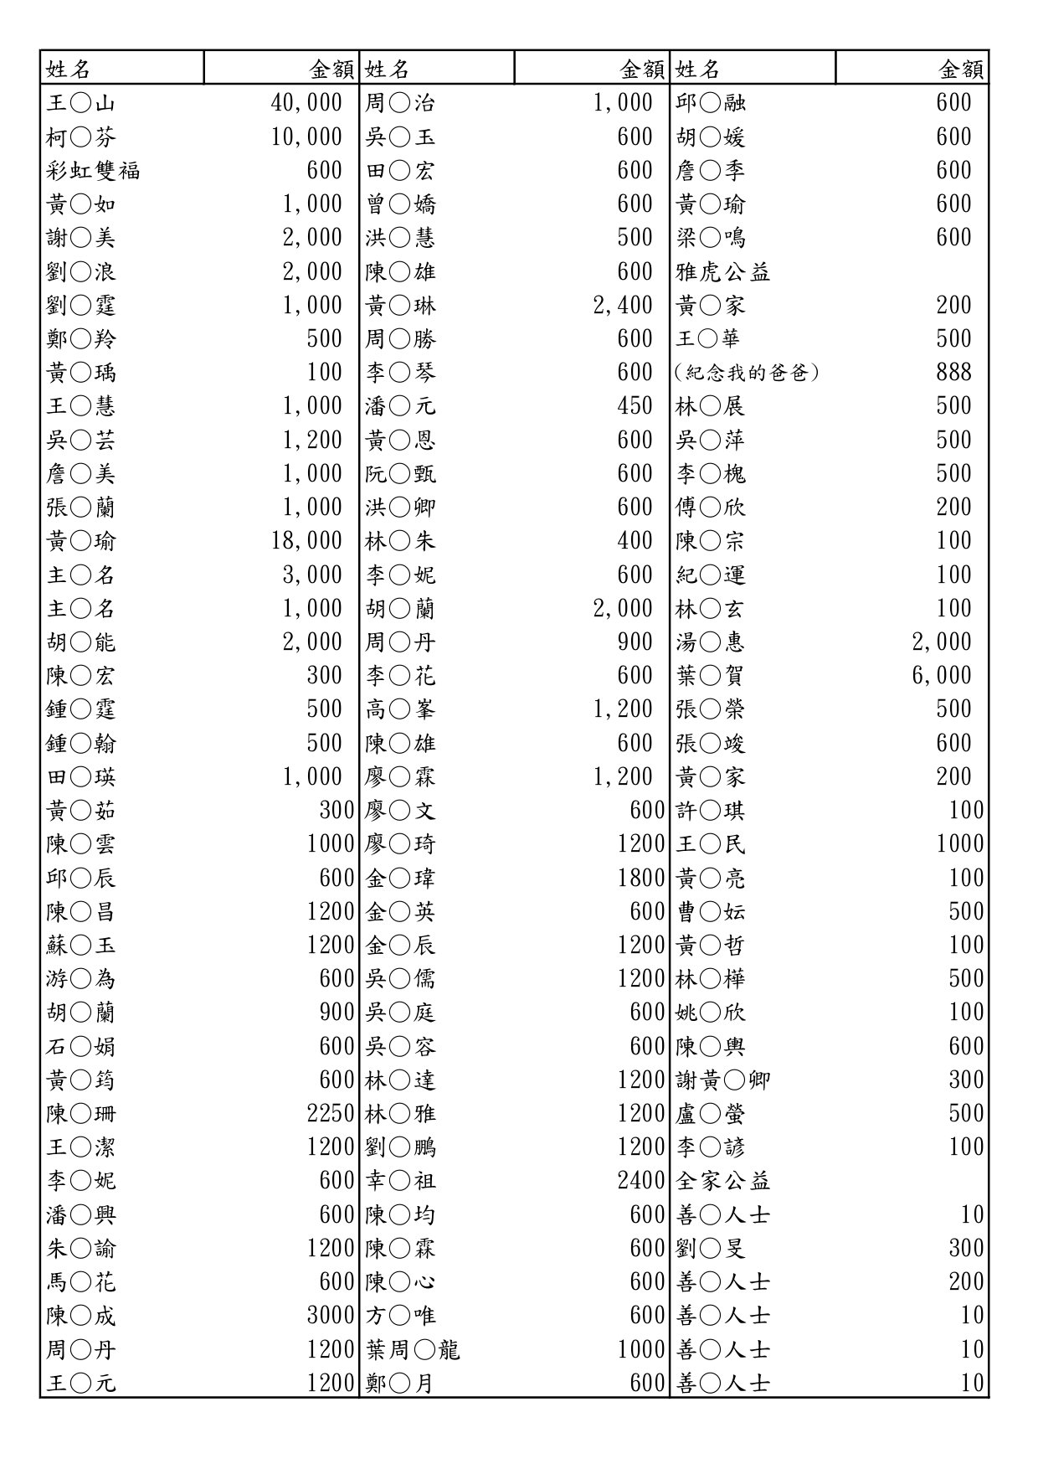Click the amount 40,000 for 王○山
tap(306, 103)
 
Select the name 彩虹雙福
tap(93, 171)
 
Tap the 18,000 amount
tap(306, 541)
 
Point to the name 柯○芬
tap(81, 137)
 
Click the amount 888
tap(953, 373)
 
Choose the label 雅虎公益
tap(722, 272)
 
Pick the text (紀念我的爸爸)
tap(746, 373)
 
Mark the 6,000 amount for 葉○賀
tap(941, 676)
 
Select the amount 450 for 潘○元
tap(635, 406)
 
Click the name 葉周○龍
tap(413, 1350)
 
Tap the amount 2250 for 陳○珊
tap(331, 1114)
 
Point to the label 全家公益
tap(722, 1181)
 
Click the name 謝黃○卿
tap(722, 1080)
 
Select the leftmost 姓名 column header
tap(68, 69)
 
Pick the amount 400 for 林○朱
tap(635, 541)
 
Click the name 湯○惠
tap(710, 642)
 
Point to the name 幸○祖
tap(400, 1181)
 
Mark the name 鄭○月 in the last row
tap(400, 1384)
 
